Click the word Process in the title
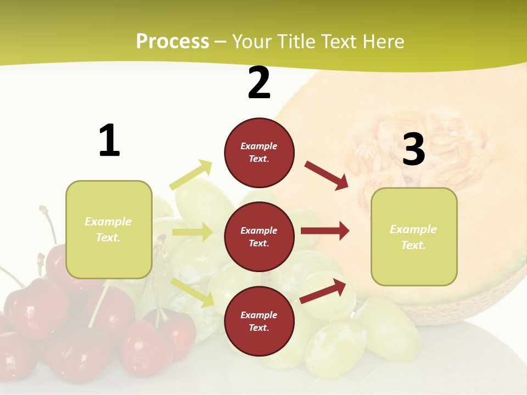(x=172, y=42)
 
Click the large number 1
(x=109, y=140)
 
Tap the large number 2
(x=259, y=83)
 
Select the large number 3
(x=413, y=150)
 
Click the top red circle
(x=259, y=153)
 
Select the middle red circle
(x=259, y=236)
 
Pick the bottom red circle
(x=259, y=321)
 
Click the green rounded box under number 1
(x=109, y=229)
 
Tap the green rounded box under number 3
(x=414, y=237)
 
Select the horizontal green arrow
(x=192, y=232)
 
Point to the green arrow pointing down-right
(x=193, y=292)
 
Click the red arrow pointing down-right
(x=326, y=175)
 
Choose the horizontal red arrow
(x=325, y=231)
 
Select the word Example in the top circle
(x=259, y=146)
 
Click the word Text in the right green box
(x=413, y=245)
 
